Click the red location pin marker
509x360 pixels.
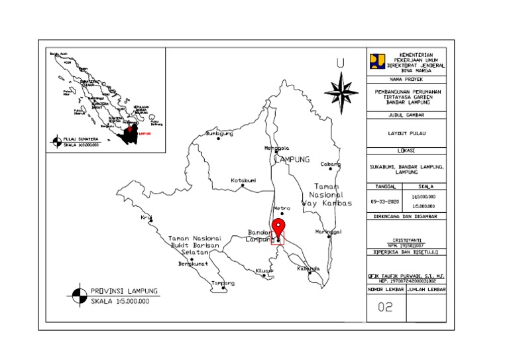278,226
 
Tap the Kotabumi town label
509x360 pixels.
243,180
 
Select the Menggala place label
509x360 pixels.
278,148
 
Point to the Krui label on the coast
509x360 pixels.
146,217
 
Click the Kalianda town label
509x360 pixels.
309,269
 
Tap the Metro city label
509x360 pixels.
282,208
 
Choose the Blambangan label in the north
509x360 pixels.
221,133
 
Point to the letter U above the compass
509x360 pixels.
340,64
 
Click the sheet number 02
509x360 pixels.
385,307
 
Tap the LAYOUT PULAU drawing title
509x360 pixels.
406,134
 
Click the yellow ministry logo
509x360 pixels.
377,61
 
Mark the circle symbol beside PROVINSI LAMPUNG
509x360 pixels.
79,294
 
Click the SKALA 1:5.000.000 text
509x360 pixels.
120,302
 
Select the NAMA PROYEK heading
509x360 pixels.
406,79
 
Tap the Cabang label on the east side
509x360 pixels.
330,164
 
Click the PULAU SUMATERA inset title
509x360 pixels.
80,139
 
